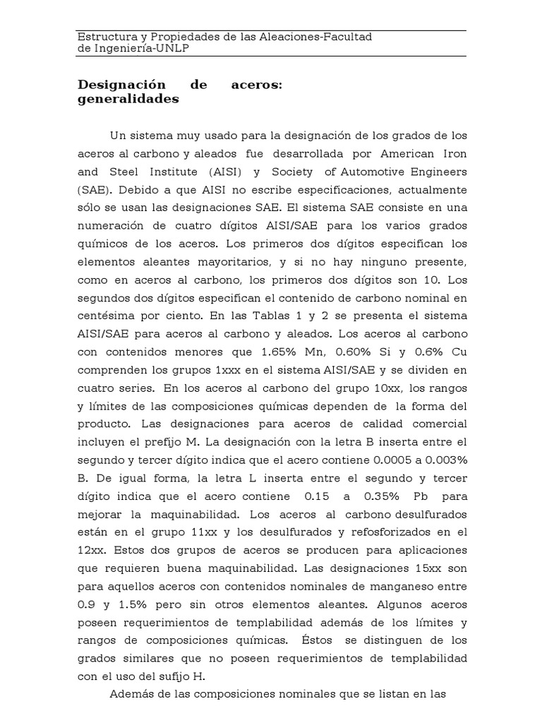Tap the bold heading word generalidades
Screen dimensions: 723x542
128,100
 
